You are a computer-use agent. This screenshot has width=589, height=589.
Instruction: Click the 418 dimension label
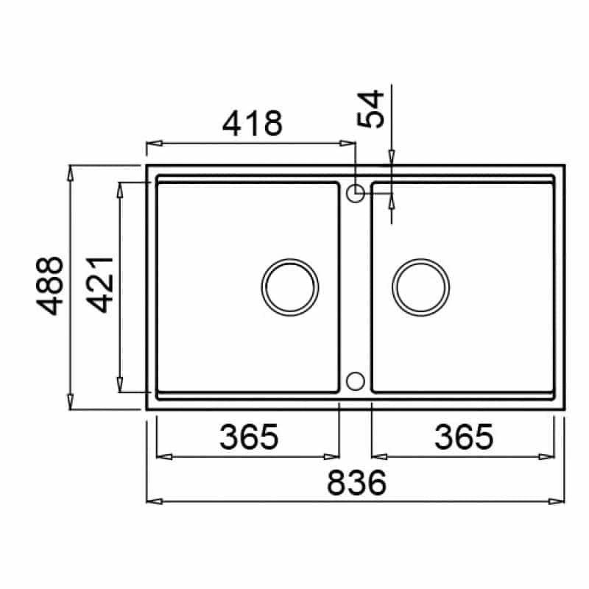click(252, 123)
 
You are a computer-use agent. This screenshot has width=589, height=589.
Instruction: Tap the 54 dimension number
click(371, 109)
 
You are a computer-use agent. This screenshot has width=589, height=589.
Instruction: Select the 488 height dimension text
click(49, 286)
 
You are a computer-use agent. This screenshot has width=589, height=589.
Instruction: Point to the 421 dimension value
click(99, 285)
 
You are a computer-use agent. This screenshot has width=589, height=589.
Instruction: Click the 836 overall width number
click(356, 483)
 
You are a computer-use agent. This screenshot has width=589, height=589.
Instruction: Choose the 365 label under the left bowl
click(249, 437)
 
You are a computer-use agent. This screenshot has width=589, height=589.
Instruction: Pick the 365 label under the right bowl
click(464, 437)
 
